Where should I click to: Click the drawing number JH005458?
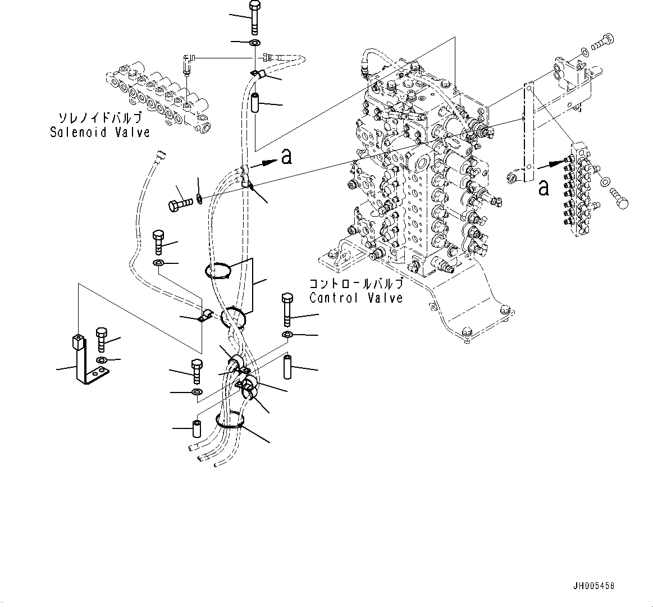593,586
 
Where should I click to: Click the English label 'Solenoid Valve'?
100,133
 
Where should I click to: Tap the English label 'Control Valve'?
356,298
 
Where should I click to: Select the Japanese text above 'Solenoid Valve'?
100,118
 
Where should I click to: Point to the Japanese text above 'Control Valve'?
356,284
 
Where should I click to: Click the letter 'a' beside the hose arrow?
286,157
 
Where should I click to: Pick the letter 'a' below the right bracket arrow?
543,188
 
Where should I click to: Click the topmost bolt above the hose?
254,17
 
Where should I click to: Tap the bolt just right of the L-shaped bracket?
102,339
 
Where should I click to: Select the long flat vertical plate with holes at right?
528,133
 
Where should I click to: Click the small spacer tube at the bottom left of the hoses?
197,428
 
